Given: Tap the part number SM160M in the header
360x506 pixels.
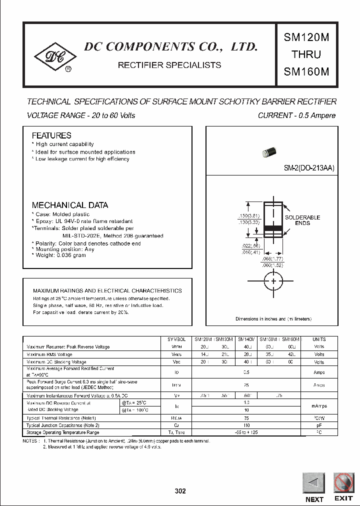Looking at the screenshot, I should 306,71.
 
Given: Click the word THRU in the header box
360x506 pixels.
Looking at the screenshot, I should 306,54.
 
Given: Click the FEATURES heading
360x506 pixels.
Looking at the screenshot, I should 51,135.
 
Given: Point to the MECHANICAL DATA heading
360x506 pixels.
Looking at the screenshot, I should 69,205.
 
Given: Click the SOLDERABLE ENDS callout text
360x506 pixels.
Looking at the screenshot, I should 302,220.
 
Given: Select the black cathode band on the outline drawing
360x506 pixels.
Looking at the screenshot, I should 273,228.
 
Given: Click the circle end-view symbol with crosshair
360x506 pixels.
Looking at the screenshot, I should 273,280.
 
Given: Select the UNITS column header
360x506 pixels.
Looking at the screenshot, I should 318,339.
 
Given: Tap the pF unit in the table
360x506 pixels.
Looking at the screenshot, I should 318,425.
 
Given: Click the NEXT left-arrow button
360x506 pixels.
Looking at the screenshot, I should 314,484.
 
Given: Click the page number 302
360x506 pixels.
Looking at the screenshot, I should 180,491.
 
